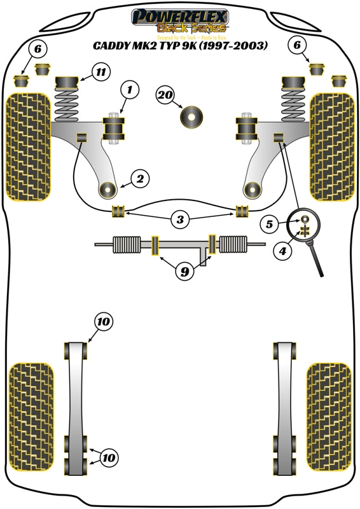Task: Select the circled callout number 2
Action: [x=140, y=179]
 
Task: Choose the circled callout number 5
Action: [x=270, y=224]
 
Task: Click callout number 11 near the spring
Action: [x=100, y=72]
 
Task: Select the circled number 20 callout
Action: [x=165, y=95]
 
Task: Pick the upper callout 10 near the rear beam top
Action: [x=104, y=323]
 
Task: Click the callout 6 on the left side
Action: [x=37, y=48]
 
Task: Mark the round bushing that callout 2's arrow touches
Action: [x=107, y=189]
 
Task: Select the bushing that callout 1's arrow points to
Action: [x=116, y=129]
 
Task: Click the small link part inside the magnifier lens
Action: [x=306, y=227]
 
